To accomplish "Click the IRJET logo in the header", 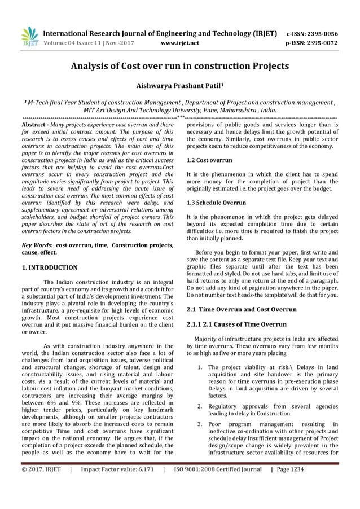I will (29, 37).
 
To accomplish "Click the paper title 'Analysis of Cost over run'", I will (179, 66).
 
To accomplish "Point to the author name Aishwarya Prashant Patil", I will (179, 86).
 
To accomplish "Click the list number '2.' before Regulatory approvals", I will (200, 406).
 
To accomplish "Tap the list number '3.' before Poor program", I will (200, 424).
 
